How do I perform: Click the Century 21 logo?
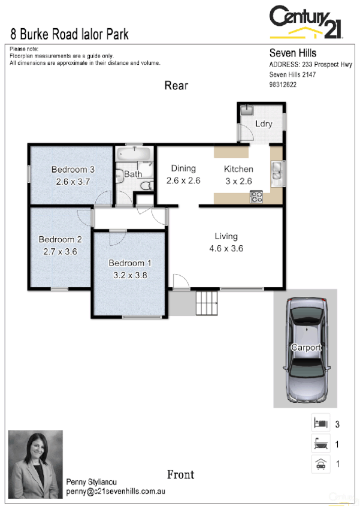point(305,22)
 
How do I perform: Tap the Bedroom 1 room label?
point(130,263)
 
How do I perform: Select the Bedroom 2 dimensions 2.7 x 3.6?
point(60,252)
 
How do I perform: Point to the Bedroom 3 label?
point(72,169)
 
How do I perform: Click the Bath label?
point(133,174)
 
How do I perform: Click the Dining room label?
point(183,168)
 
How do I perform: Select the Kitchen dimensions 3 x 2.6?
point(238,180)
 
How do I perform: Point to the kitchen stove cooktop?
point(257,195)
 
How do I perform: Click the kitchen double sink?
point(277,173)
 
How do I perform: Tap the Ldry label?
point(264,124)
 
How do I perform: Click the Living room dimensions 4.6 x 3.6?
point(226,248)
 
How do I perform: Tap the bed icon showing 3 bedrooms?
point(320,423)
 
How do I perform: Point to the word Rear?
point(176,86)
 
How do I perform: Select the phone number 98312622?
point(283,85)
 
